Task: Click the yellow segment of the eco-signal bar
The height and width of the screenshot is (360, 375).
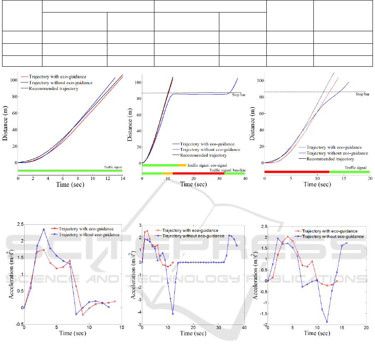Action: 182,165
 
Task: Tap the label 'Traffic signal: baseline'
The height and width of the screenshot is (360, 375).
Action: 227,170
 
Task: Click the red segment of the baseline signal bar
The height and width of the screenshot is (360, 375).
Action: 199,173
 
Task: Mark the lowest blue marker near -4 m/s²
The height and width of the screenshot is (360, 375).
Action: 173,313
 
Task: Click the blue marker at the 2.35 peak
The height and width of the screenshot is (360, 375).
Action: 44,230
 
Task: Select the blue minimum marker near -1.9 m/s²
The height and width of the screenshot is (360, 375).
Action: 327,322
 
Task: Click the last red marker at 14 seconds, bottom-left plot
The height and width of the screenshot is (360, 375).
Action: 115,301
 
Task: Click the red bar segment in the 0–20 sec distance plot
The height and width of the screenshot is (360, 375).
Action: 297,172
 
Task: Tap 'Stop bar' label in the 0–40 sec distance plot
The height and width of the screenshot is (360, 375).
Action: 237,95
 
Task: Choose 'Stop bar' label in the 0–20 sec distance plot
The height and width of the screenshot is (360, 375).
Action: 362,94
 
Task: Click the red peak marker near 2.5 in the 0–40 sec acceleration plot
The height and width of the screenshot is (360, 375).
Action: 147,230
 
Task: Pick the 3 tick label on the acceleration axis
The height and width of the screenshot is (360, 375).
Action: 137,225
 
